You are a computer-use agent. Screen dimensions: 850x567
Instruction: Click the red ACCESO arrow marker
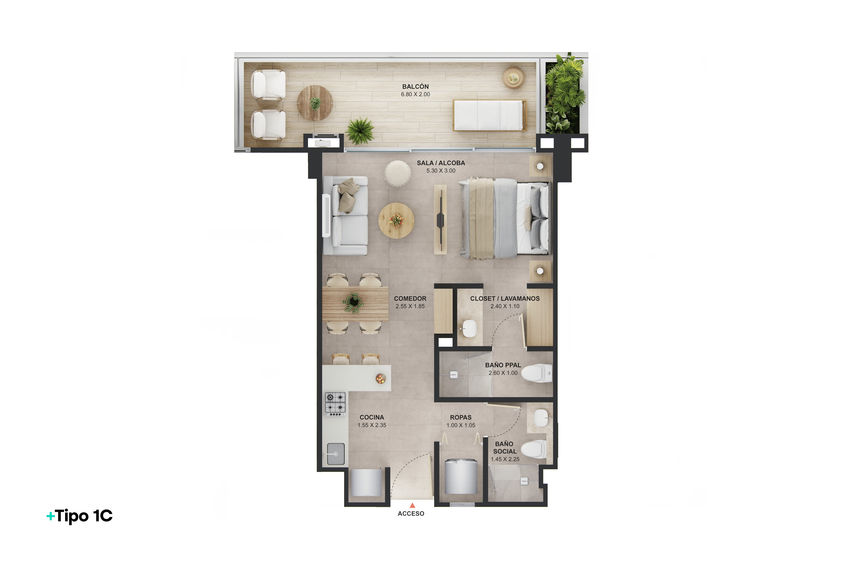(412, 505)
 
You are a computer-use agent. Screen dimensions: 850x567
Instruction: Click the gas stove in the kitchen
(335, 404)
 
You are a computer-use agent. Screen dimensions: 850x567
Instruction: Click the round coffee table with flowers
(396, 221)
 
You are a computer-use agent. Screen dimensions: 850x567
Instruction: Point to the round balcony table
(315, 103)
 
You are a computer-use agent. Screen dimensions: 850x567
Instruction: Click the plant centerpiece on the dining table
(353, 302)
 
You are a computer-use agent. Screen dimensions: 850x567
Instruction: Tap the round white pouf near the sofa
(397, 174)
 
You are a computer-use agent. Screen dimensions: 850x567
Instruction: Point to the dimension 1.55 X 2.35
(372, 425)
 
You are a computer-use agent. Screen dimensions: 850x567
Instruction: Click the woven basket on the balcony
(513, 78)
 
